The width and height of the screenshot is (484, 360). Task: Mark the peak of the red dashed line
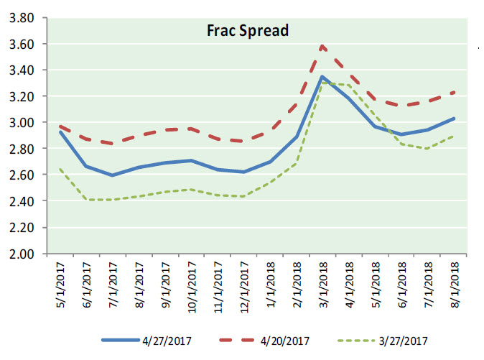[x=323, y=46]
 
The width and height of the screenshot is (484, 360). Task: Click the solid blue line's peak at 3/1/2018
[x=323, y=77]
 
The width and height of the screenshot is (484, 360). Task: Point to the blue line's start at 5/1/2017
[x=60, y=132]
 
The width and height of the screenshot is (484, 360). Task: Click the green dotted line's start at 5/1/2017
[x=60, y=170]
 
